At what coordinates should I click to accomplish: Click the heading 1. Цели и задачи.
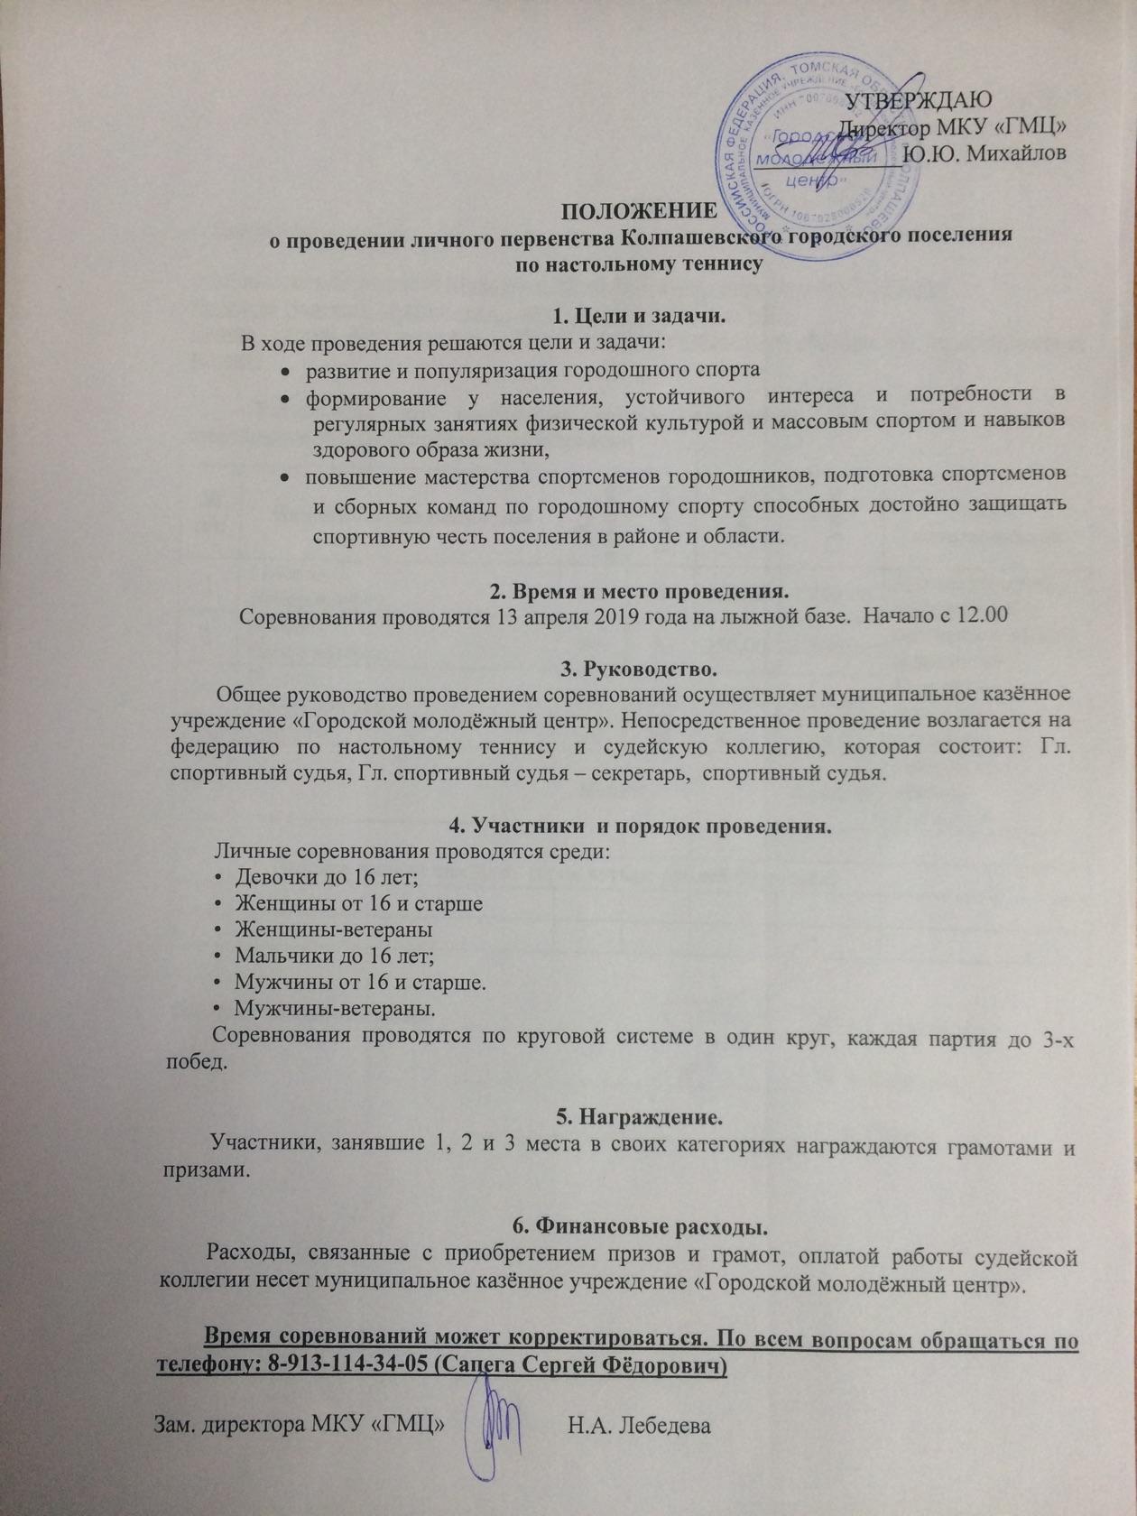tap(639, 318)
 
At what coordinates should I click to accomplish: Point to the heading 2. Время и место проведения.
tap(639, 593)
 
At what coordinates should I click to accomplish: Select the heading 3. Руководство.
tap(639, 670)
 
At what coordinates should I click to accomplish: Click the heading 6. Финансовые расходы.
tap(640, 1227)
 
